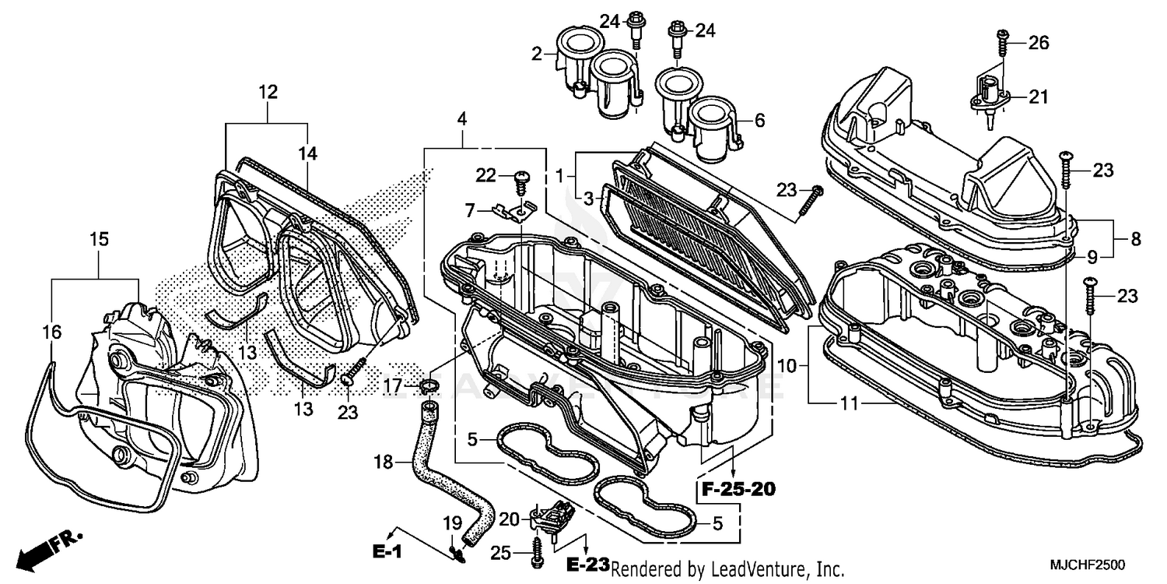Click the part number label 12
click(268, 92)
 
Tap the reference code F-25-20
click(737, 490)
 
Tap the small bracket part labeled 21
click(988, 98)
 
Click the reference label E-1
click(387, 551)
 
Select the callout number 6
click(759, 120)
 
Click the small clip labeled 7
click(513, 210)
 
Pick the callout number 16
click(52, 332)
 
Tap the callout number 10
click(787, 364)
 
